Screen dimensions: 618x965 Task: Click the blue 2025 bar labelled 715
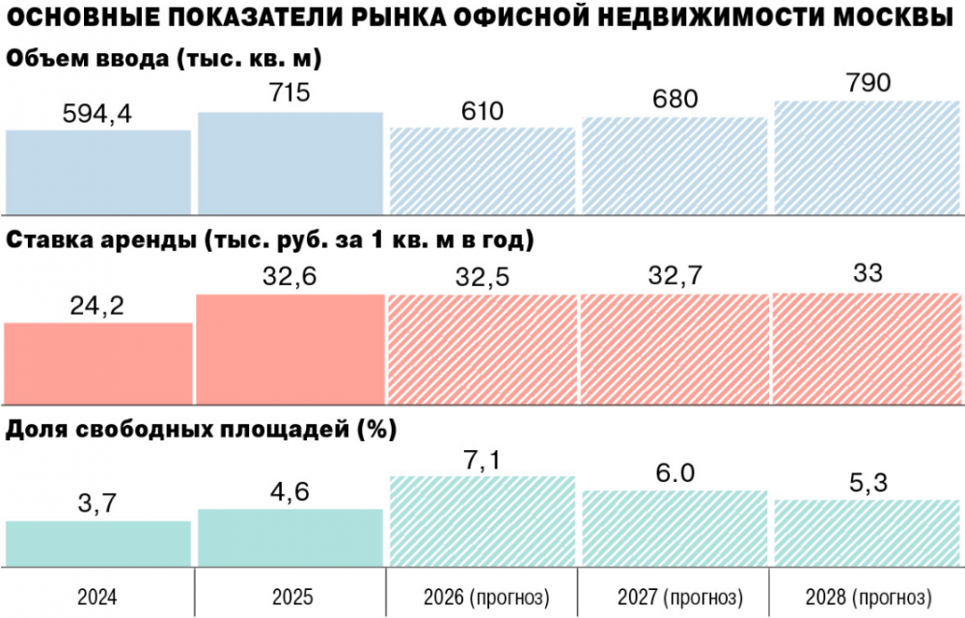pyautogui.click(x=290, y=162)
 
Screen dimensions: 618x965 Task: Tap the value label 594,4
pyautogui.click(x=97, y=114)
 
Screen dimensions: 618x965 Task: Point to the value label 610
pyautogui.click(x=482, y=112)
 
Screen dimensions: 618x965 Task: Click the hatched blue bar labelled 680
pyautogui.click(x=675, y=164)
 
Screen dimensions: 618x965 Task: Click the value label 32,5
pyautogui.click(x=482, y=277)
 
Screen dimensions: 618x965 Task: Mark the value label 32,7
pyautogui.click(x=675, y=276)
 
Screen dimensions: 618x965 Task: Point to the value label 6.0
pyautogui.click(x=675, y=473)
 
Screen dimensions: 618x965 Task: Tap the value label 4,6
pyautogui.click(x=290, y=492)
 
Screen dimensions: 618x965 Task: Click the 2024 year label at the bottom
pyautogui.click(x=97, y=594)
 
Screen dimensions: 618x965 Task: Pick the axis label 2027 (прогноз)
pyautogui.click(x=675, y=594)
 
